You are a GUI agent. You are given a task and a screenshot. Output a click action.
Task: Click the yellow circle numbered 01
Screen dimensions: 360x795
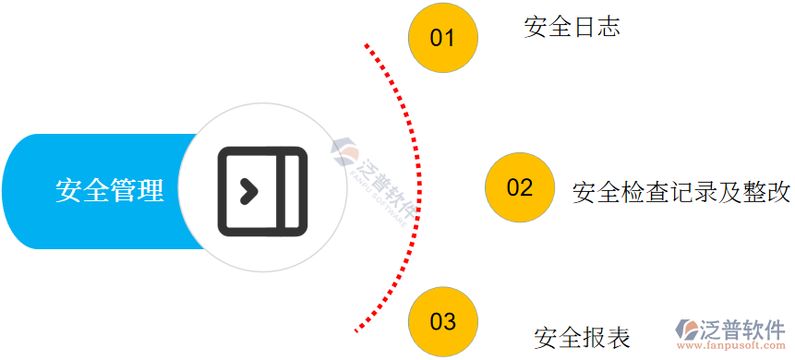point(443,38)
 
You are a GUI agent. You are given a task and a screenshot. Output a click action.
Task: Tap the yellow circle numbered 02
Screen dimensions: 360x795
point(520,187)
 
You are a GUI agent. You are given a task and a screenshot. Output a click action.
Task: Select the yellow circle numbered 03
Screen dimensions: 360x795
point(443,321)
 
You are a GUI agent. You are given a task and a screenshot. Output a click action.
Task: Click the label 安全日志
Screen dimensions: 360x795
point(571,27)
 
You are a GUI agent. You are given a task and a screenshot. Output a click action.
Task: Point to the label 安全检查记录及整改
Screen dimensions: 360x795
point(681,193)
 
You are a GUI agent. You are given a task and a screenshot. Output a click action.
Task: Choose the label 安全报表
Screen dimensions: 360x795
point(582,337)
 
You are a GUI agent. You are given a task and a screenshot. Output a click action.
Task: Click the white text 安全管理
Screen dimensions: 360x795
point(109,191)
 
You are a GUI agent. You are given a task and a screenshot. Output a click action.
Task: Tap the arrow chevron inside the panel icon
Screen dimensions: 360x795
point(247,191)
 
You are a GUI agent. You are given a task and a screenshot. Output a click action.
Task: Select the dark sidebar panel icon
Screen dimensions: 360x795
point(262,191)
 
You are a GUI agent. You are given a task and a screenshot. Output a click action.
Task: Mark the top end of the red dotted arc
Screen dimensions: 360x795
point(367,43)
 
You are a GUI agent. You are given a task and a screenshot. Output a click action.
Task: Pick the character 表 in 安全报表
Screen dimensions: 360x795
point(618,337)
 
